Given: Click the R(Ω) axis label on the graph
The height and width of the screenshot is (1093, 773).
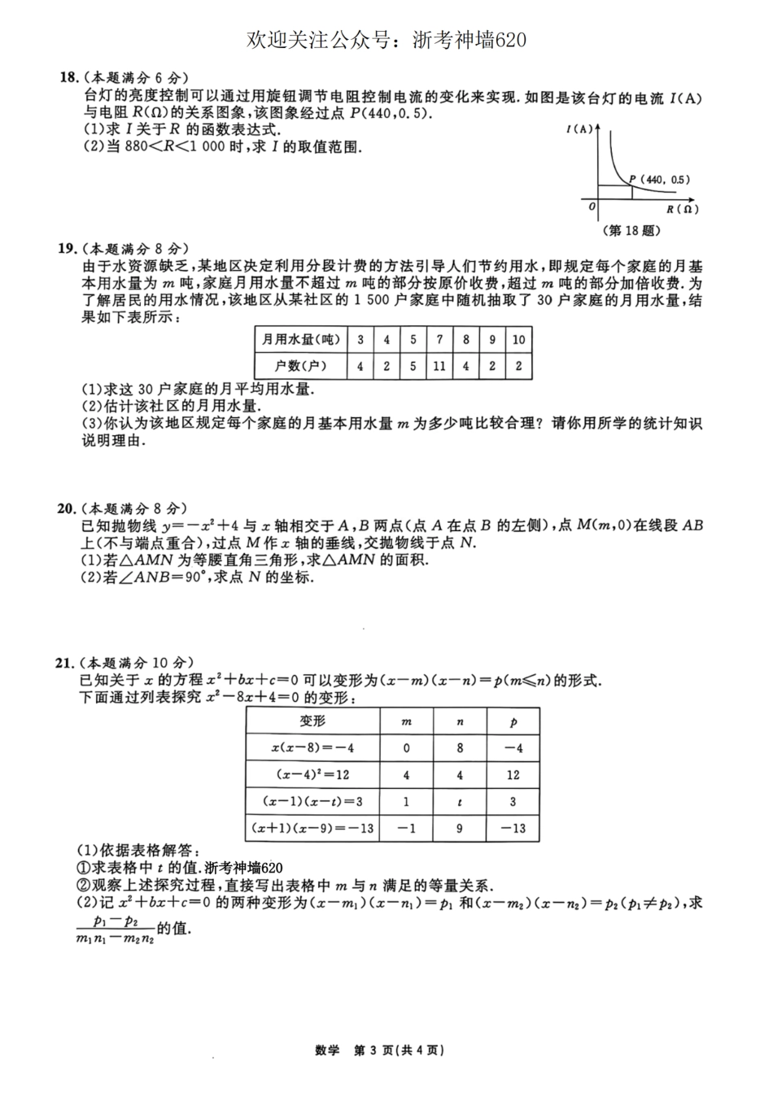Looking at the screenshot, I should pos(682,209).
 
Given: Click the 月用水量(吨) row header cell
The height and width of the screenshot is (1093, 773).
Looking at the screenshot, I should pos(300,340).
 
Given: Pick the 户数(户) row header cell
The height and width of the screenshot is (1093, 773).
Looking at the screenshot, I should pos(300,366).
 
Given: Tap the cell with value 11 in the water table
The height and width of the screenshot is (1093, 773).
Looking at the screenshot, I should pos(439,366).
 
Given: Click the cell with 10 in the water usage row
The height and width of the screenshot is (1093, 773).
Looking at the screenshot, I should pos(518,340).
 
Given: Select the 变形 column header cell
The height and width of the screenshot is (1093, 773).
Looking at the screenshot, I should pos(312,721).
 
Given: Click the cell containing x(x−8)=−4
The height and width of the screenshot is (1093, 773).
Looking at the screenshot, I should pos(312,748).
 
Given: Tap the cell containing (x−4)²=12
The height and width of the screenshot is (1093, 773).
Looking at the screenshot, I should pos(312,775).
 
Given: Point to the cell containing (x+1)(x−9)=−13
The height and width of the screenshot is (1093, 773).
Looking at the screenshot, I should pos(312,829).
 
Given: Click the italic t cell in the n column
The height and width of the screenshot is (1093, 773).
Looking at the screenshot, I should pos(460,802).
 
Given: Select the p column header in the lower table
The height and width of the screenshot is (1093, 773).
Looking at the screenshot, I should pos(513,721).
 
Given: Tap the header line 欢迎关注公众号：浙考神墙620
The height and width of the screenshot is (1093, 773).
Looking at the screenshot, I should pos(386,40).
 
